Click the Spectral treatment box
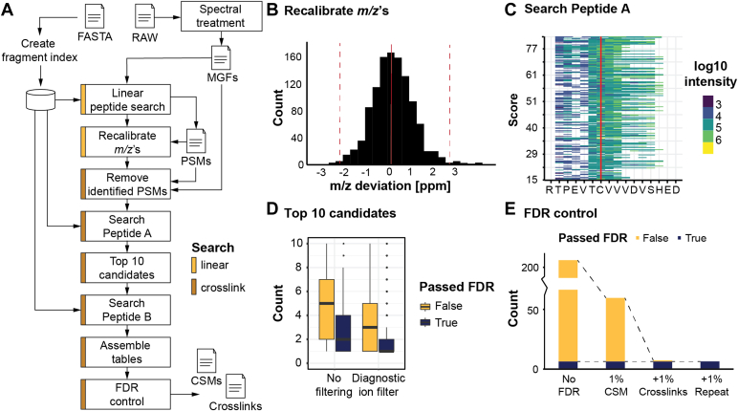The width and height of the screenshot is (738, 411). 226,21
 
